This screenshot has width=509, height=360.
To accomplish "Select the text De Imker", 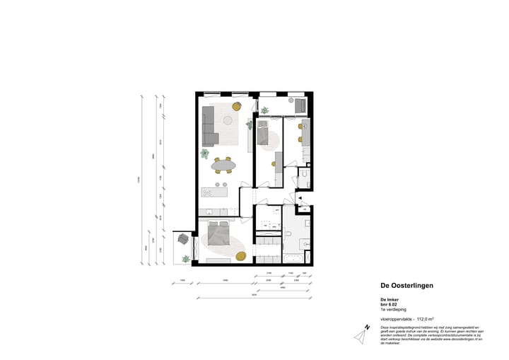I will [x=390, y=300].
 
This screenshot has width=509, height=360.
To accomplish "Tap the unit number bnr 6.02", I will [x=390, y=305].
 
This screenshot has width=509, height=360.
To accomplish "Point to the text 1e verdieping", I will [x=393, y=310].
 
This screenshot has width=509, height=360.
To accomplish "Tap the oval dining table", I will [x=224, y=166].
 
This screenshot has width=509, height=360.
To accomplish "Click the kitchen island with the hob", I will [x=215, y=192].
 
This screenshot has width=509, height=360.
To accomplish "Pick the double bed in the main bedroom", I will [x=218, y=233].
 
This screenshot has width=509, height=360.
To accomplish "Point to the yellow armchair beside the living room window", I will [x=236, y=107].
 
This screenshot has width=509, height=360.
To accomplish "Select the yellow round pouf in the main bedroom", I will [x=240, y=256].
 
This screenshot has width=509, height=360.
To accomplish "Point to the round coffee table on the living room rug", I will [x=228, y=120].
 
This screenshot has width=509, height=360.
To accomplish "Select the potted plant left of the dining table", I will [x=205, y=153].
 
